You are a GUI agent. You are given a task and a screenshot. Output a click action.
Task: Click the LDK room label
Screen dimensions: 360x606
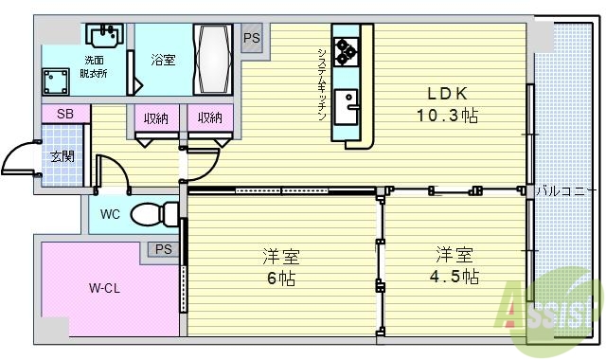point(448,94)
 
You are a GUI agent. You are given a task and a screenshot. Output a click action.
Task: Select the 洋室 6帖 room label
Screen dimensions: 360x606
point(281,257)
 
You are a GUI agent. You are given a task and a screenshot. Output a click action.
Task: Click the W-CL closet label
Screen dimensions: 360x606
point(104,287)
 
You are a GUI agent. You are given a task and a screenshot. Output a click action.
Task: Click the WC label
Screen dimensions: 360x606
point(110,215)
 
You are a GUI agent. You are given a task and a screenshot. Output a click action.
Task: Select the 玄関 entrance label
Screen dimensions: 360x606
point(62,155)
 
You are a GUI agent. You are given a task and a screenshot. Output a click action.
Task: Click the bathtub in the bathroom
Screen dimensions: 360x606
point(214,56)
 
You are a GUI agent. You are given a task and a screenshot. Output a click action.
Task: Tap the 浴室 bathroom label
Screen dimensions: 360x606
point(163,61)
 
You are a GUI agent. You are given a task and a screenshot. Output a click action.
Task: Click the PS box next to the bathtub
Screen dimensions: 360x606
point(251,39)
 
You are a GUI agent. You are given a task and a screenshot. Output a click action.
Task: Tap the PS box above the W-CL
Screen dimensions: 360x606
point(163,250)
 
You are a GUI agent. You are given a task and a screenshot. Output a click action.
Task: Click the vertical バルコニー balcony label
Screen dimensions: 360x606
point(566,190)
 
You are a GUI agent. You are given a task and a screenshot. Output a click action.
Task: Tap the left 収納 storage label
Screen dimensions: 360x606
point(157,118)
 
